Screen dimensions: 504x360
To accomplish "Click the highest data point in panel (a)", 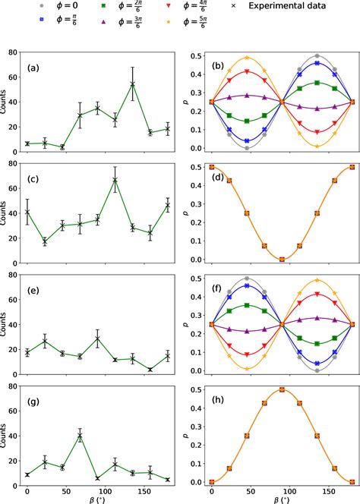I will (132, 84).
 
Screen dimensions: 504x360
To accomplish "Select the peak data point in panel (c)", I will (115, 180).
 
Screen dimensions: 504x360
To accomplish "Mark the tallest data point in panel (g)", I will (80, 436).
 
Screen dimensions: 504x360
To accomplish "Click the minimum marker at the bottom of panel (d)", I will (282, 260).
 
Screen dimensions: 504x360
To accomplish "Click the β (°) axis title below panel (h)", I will (282, 499).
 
